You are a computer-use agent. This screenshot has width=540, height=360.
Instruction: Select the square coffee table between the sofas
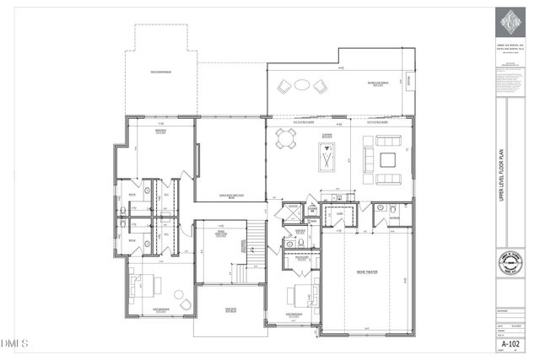386,159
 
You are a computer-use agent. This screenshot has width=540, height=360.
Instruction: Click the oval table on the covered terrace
300,85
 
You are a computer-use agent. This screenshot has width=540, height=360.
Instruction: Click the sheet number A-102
509,345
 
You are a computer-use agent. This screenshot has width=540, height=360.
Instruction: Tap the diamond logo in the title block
509,19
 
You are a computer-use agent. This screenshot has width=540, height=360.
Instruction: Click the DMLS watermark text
15,343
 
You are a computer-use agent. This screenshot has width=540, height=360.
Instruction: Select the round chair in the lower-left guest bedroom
181,298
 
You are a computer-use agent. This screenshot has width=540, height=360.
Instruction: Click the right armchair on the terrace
320,85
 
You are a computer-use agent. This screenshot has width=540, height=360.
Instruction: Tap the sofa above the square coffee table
386,139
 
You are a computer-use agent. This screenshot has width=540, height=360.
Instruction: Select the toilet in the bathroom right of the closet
381,207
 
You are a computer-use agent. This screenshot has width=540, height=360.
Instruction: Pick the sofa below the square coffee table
386,179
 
